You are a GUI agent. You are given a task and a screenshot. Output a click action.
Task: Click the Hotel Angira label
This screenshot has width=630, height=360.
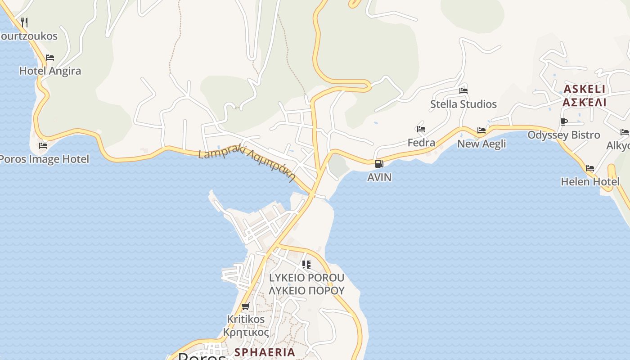[x=50, y=71]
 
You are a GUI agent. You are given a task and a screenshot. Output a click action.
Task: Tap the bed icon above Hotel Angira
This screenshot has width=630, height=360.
[x=50, y=58]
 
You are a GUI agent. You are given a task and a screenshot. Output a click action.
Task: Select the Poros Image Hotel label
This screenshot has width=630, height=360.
[x=44, y=159]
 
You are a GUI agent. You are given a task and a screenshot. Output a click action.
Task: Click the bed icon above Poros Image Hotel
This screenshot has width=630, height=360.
[x=43, y=146]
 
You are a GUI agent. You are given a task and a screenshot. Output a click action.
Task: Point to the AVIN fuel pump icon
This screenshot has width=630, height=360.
[x=379, y=164]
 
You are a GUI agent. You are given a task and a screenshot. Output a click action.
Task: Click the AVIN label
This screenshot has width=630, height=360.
[x=379, y=177]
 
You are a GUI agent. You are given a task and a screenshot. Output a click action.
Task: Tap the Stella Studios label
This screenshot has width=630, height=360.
[x=463, y=104]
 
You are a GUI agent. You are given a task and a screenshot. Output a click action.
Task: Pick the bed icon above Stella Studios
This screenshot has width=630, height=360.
[x=463, y=91]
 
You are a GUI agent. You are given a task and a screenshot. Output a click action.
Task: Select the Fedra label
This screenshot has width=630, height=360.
[x=421, y=143]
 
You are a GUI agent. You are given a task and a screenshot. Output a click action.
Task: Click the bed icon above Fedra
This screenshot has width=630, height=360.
[x=421, y=129]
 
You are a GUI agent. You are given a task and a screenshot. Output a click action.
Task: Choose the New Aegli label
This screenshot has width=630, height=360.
[x=481, y=144]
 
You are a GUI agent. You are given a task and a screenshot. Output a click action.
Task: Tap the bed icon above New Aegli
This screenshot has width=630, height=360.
[x=481, y=130]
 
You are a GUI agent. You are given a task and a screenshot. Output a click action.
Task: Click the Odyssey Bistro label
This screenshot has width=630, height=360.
[x=564, y=135]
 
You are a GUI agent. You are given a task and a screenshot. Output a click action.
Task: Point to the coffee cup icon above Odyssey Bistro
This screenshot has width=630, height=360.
[x=564, y=121]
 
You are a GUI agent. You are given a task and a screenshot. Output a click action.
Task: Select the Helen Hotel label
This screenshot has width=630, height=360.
[x=590, y=182]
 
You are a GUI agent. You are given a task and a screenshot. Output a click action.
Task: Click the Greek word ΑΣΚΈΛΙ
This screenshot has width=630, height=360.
[x=585, y=102]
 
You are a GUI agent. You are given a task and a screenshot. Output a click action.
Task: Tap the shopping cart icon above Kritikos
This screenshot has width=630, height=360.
[x=245, y=306]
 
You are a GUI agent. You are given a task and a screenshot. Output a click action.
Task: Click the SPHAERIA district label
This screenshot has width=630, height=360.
[x=265, y=352]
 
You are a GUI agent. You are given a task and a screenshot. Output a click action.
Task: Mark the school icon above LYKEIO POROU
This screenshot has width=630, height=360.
[x=306, y=265]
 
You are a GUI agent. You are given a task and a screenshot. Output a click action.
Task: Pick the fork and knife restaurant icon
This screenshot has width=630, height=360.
[x=24, y=22]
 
